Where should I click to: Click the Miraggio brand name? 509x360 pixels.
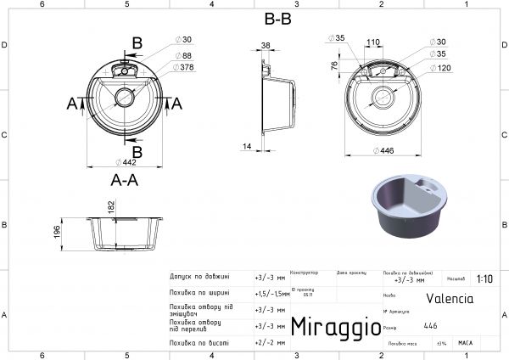(x=330, y=327)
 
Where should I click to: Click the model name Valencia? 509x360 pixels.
(x=450, y=298)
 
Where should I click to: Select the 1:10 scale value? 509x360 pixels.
(x=484, y=278)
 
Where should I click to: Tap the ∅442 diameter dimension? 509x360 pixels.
(x=130, y=163)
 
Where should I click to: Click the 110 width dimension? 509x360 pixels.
(x=373, y=42)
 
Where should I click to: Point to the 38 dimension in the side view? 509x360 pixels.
(x=266, y=46)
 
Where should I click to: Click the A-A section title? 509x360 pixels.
(x=125, y=179)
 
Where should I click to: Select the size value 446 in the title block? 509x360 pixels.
(x=431, y=325)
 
